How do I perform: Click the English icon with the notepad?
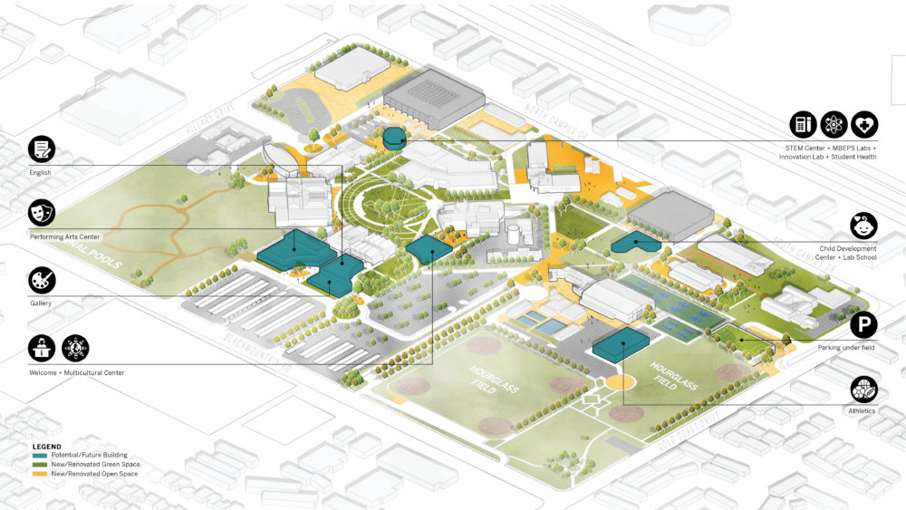pos(42,149)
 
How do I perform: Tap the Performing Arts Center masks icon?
pos(42,213)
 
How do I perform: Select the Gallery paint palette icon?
pos(42,279)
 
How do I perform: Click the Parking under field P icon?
pos(863,324)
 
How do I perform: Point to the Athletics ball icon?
pos(863,390)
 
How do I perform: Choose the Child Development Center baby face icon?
pos(863,226)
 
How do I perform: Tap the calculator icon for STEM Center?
pos(802,124)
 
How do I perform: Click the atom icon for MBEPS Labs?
pos(833,124)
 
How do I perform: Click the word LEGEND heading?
pos(46,447)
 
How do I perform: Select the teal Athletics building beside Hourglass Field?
pos(621,345)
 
